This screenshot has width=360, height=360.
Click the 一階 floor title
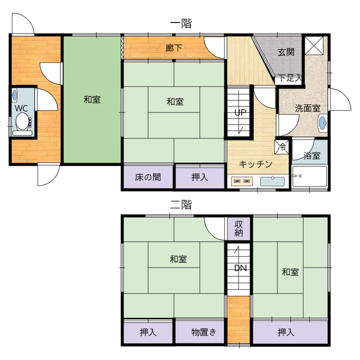pos(181,24)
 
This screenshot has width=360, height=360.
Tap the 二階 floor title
pos(181,205)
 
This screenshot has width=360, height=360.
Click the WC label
pos(21,108)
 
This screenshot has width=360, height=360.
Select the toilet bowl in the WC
pos(22,121)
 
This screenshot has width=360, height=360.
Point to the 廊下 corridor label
pos(174,48)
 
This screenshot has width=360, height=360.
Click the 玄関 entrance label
pos(286,52)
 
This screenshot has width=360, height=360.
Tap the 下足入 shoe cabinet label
pos(290,78)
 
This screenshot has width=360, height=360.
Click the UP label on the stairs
pos(240,112)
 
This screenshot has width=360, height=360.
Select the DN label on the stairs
pos(240,268)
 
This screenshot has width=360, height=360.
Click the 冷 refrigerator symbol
pos(282,147)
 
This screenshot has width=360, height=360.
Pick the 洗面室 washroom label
pos(307,108)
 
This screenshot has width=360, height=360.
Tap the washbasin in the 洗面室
pos(323,123)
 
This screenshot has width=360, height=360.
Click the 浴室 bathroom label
pos(312,155)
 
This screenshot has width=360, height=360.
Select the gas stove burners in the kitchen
pos(242,181)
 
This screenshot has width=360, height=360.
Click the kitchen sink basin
pos(272,181)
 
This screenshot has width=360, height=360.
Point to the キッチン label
pos(256,164)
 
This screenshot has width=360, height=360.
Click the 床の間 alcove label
pos(148,177)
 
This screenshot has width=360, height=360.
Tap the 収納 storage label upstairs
pos(239,229)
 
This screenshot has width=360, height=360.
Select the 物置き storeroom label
pos(204,332)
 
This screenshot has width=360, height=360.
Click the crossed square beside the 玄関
pos(314,45)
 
